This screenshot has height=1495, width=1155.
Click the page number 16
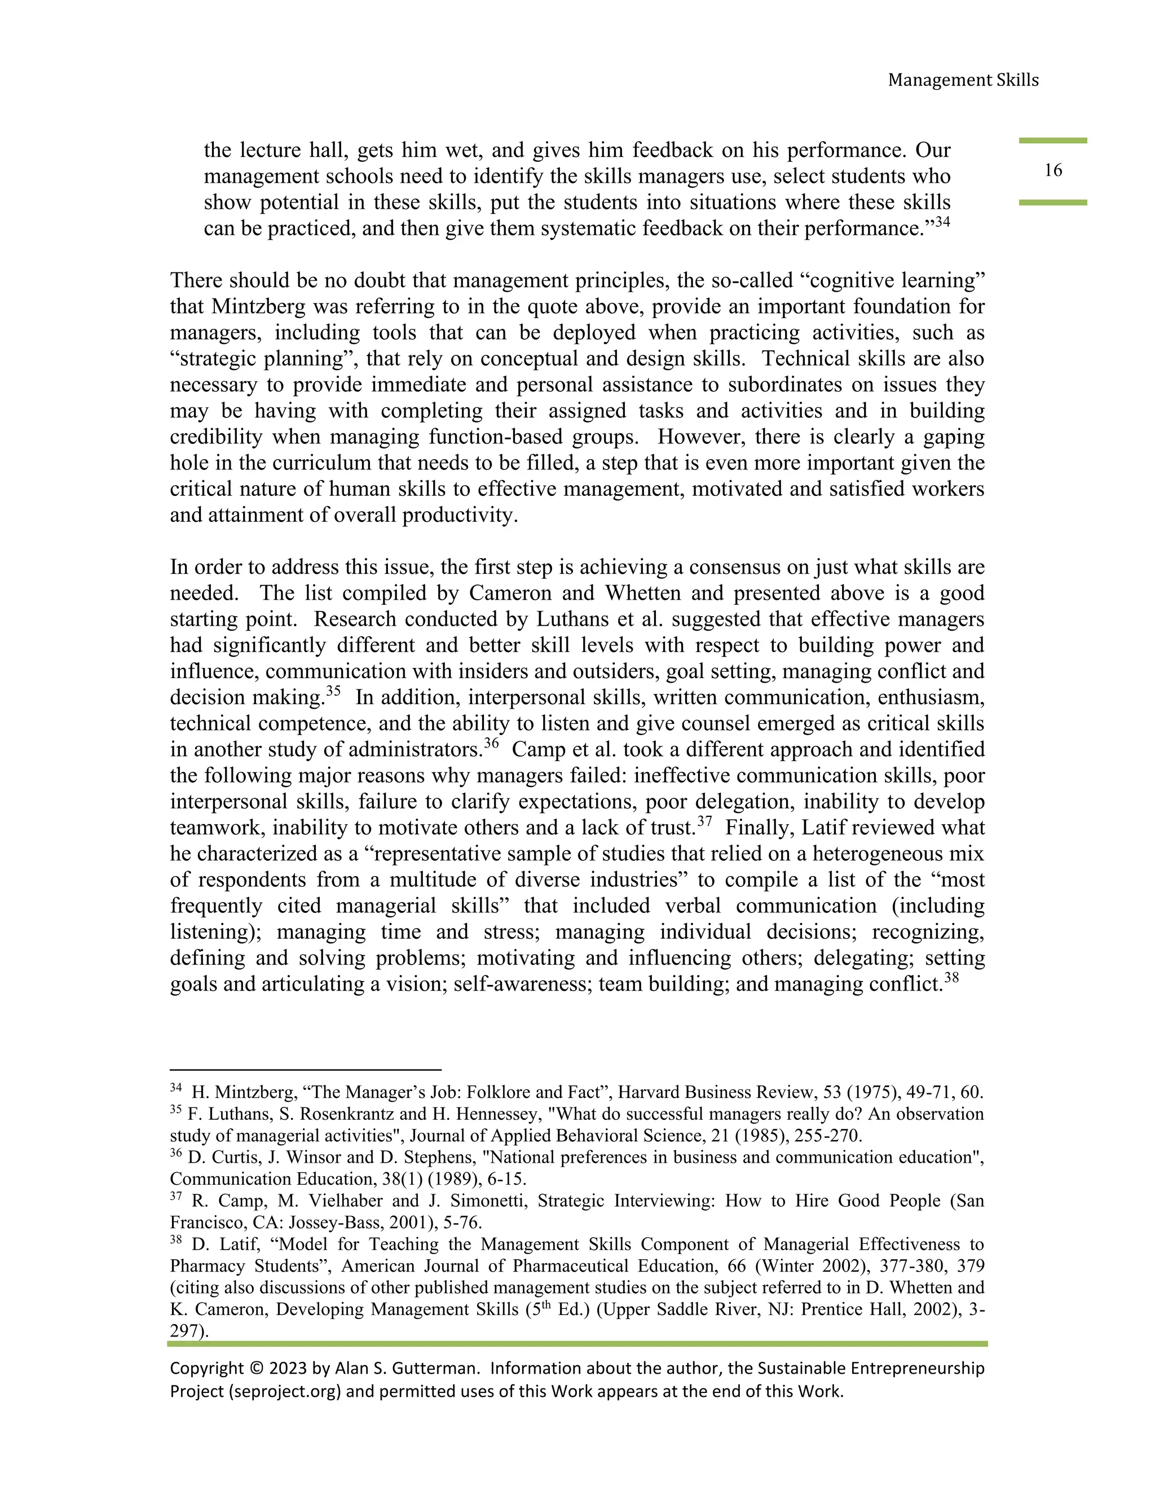[x=1052, y=170]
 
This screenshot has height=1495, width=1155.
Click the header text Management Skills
[x=963, y=80]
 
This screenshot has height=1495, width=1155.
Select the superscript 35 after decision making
[x=333, y=691]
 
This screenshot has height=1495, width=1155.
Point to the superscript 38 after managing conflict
[x=951, y=978]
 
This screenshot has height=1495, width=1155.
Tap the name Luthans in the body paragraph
[x=568, y=619]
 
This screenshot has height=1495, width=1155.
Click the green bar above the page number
[x=1052, y=140]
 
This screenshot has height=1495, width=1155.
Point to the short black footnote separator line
[x=305, y=1069]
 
